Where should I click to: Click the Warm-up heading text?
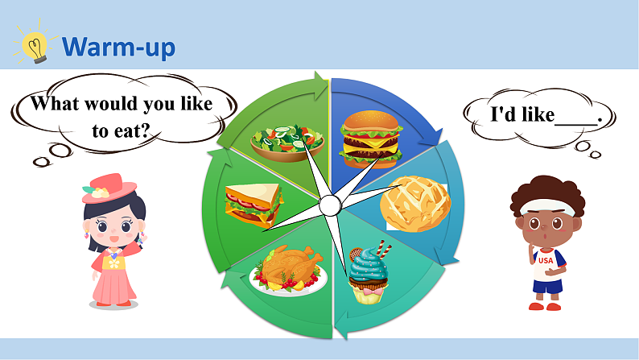coord(118,47)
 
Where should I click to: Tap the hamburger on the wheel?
coord(371,139)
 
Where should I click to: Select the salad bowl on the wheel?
coord(287,141)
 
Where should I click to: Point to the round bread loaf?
coord(414,202)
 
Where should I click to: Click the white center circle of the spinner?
coord(330,206)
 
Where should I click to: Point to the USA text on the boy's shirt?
coord(546,260)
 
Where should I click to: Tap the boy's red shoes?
coord(545,305)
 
